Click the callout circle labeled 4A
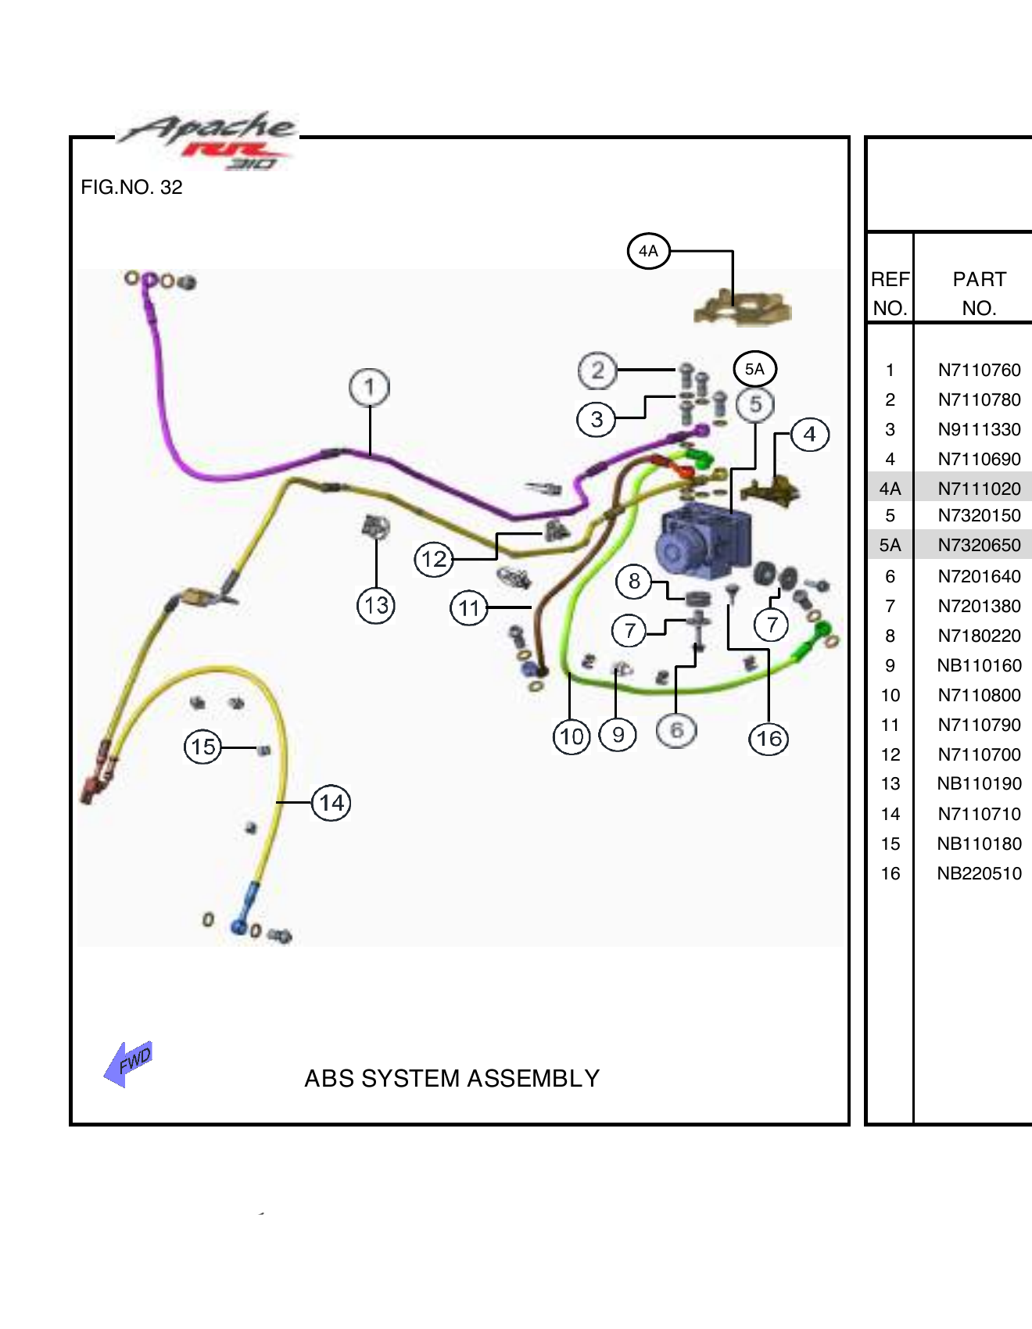coord(648,251)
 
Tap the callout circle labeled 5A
coord(754,369)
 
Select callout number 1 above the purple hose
coord(369,387)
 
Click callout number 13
coord(376,605)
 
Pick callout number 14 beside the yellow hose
coord(331,803)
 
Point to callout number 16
coord(769,739)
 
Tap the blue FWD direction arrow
coord(128,1064)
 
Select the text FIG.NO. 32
coord(131,188)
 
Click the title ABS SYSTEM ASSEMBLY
coord(452,1078)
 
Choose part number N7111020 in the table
coord(979,489)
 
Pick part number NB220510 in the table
coord(979,873)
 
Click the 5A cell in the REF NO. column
coord(890,545)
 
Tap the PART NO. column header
coord(979,293)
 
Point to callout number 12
coord(434,559)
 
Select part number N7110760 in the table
coord(979,370)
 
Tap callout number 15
coord(203,747)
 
